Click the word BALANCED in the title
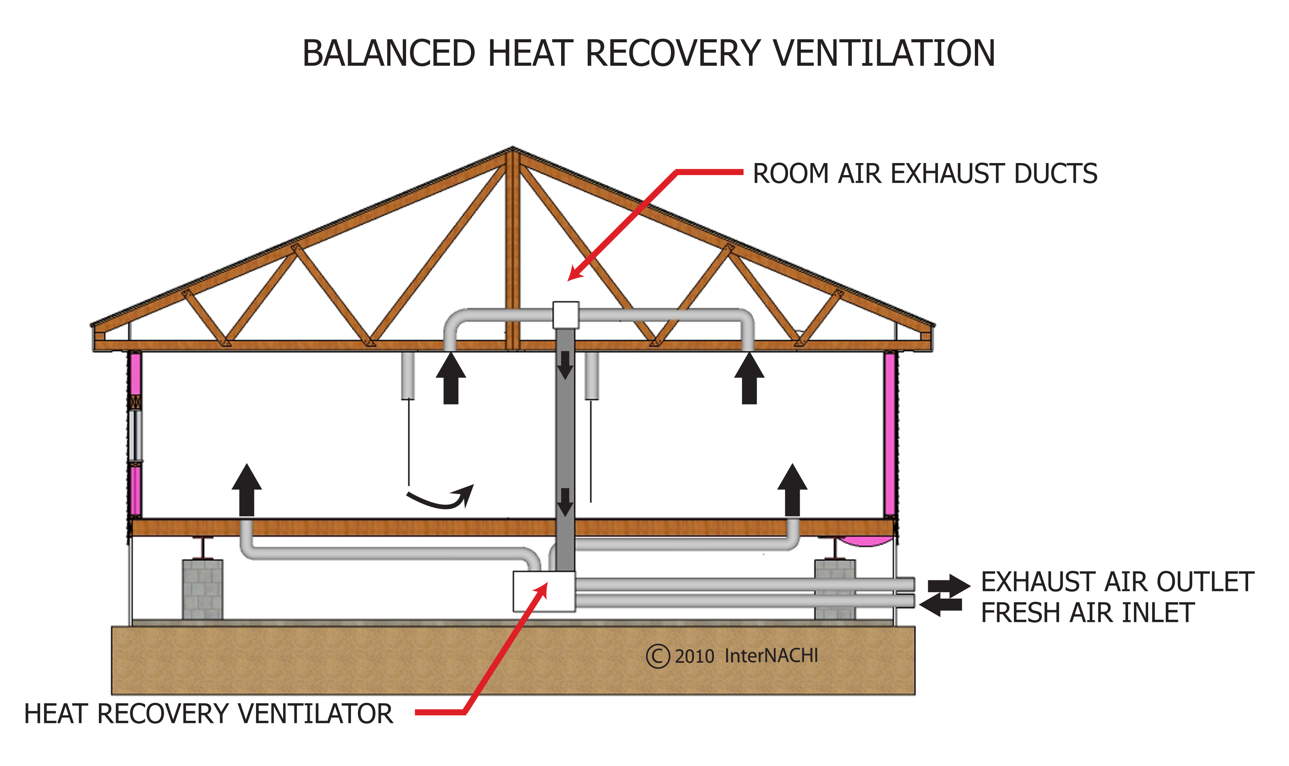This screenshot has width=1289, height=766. coord(388,54)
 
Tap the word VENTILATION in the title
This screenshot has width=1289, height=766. coord(883,54)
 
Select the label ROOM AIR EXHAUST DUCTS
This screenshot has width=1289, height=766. coord(925,173)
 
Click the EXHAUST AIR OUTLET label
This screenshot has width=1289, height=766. coord(1117,582)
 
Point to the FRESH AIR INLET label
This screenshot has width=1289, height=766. coord(1087,613)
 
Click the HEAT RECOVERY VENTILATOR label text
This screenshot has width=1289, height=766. coord(209,714)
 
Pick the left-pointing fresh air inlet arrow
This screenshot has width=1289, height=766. coord(941,605)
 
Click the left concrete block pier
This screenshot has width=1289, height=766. coord(202,589)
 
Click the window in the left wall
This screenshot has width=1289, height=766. coord(135,435)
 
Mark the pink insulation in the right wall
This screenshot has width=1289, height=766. coord(889,434)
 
